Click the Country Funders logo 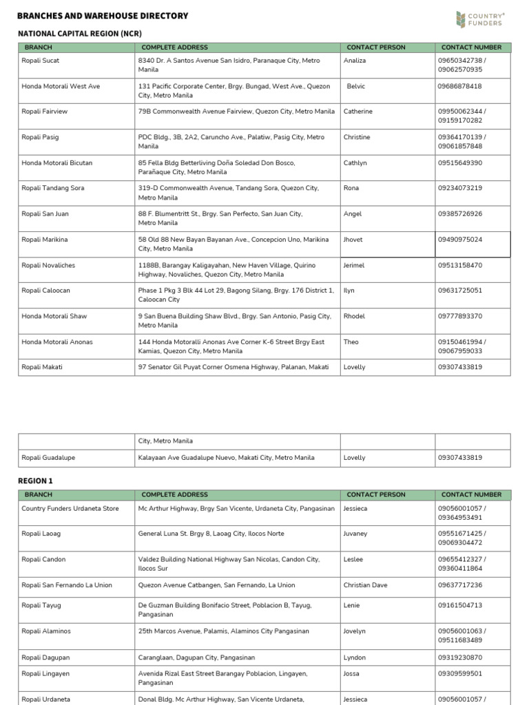480,19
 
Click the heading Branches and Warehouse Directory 103,16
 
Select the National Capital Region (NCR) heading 80,33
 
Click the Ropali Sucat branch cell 41,61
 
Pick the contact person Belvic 356,86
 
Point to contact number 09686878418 459,86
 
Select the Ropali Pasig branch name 41,137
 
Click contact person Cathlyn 355,163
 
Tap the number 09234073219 459,188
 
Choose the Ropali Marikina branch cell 45,240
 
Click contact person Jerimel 354,265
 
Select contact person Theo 351,341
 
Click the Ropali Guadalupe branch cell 48,458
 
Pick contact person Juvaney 357,534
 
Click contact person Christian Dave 365,585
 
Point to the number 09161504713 459,605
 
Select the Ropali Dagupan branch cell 45,657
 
